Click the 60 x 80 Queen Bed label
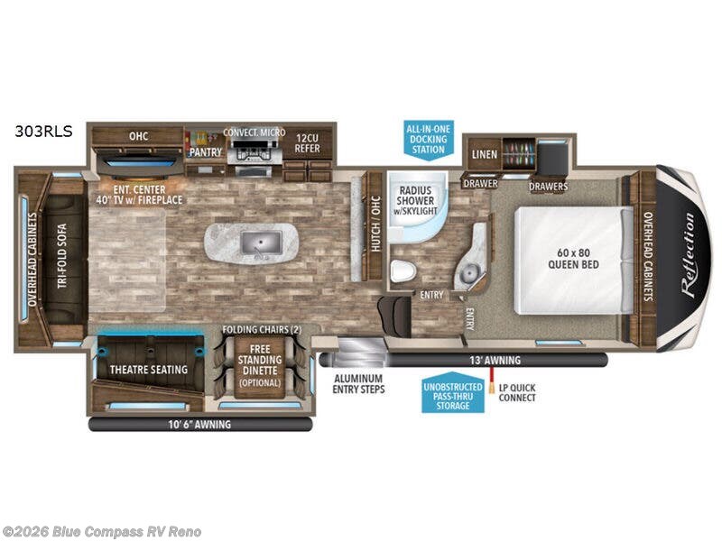pyautogui.click(x=573, y=257)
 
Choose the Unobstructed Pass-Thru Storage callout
pyautogui.click(x=452, y=394)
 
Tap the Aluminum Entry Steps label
pyautogui.click(x=359, y=383)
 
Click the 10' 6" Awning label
pyautogui.click(x=199, y=423)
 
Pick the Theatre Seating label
pyautogui.click(x=149, y=369)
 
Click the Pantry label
pyautogui.click(x=205, y=152)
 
